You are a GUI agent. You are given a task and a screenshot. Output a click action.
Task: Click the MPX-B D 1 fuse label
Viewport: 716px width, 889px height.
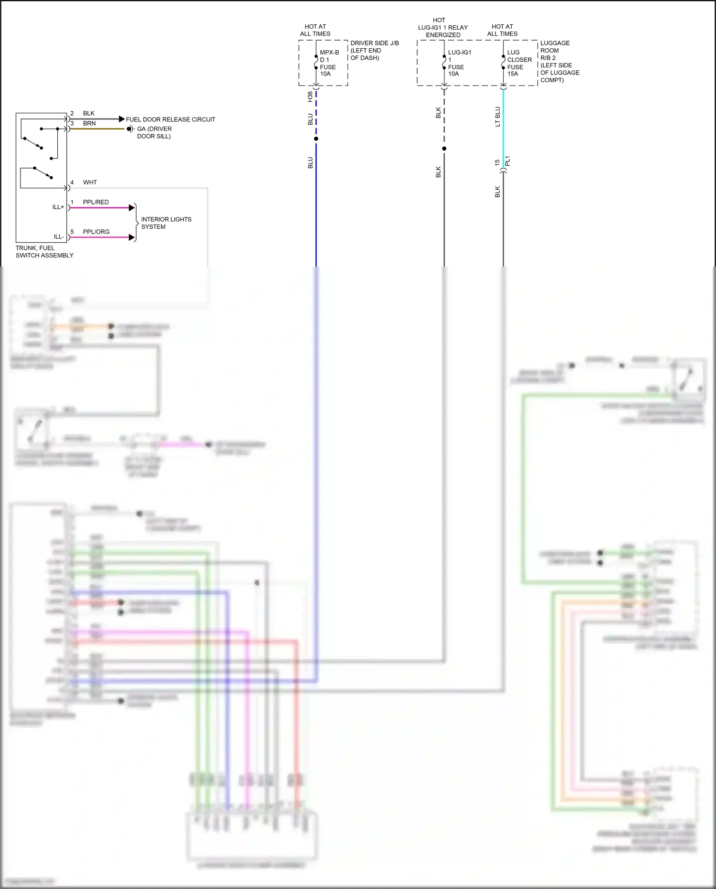[328, 63]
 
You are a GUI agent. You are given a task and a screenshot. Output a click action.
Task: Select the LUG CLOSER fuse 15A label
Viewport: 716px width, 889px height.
[519, 63]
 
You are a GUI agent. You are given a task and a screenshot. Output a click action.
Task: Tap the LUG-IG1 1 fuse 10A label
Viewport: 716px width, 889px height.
[459, 63]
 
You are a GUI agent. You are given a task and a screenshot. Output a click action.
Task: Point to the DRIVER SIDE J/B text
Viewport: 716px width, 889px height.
[374, 43]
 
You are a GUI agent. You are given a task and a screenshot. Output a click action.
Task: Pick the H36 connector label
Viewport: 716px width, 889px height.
[310, 96]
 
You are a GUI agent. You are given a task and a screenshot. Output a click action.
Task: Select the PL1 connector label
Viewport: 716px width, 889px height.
[508, 161]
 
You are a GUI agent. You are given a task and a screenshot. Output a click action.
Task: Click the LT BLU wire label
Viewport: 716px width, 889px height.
[497, 117]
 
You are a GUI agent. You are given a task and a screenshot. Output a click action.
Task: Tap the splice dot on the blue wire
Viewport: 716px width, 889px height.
[316, 139]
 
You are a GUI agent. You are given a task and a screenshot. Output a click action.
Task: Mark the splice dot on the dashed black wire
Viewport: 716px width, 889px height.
[444, 149]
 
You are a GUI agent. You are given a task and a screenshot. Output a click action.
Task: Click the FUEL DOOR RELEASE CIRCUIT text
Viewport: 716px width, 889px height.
[170, 119]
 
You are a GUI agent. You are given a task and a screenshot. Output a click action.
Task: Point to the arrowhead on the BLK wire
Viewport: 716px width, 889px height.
[122, 119]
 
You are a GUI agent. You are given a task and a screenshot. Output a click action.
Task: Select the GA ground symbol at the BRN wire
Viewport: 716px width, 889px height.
[130, 129]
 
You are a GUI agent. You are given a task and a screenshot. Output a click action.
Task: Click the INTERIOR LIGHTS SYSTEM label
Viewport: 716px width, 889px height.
[166, 223]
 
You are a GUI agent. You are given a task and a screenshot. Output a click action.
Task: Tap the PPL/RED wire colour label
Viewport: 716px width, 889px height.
[95, 202]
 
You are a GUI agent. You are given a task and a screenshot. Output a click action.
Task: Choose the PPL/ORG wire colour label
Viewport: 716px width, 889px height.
[96, 232]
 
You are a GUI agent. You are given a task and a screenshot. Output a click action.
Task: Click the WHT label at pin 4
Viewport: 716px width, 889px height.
[90, 182]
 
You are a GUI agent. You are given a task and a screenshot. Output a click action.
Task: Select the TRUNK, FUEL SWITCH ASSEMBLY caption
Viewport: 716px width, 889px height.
[44, 252]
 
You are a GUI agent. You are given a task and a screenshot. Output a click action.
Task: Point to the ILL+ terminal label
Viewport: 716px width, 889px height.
[58, 207]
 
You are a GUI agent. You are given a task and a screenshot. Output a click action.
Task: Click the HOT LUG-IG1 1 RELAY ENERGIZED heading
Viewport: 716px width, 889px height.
[442, 27]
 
